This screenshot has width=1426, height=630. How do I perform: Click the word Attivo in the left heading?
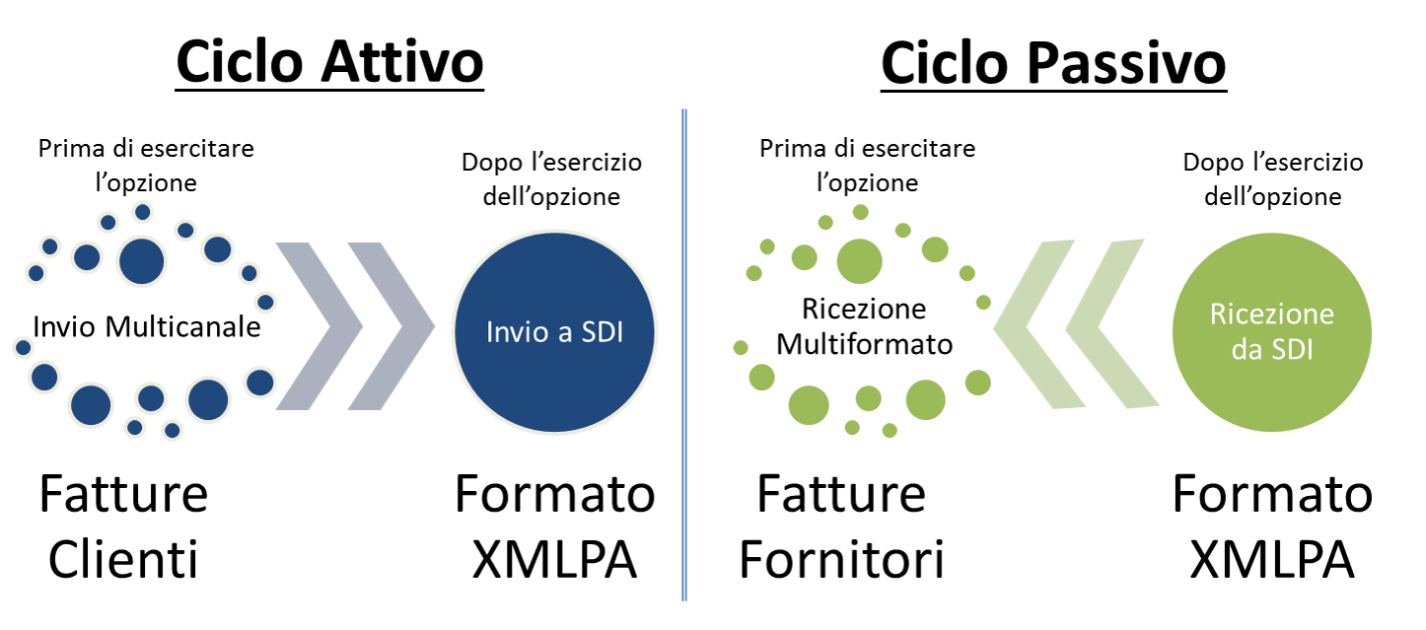click(x=401, y=62)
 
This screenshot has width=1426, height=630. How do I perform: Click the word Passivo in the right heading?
click(x=1127, y=63)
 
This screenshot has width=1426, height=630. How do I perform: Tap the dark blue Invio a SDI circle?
click(x=554, y=332)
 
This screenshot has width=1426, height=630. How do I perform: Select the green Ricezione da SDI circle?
click(x=1271, y=332)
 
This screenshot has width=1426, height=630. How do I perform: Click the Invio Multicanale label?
click(x=146, y=327)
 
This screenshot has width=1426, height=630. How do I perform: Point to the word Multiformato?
click(x=865, y=344)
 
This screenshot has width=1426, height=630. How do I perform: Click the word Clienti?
click(x=123, y=559)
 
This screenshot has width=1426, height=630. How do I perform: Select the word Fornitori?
click(x=841, y=559)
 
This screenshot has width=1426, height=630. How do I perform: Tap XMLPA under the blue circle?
click(x=554, y=559)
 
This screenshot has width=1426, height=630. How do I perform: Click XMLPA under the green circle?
click(x=1272, y=559)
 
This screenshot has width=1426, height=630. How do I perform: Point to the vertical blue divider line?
click(x=684, y=355)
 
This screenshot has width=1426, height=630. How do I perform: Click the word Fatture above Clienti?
click(x=123, y=494)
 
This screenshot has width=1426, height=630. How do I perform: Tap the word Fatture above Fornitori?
click(x=841, y=494)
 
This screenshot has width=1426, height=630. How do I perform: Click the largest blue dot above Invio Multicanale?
click(x=141, y=261)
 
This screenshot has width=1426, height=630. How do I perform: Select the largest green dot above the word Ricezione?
click(x=859, y=261)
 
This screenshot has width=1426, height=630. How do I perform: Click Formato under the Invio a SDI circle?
click(x=554, y=494)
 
